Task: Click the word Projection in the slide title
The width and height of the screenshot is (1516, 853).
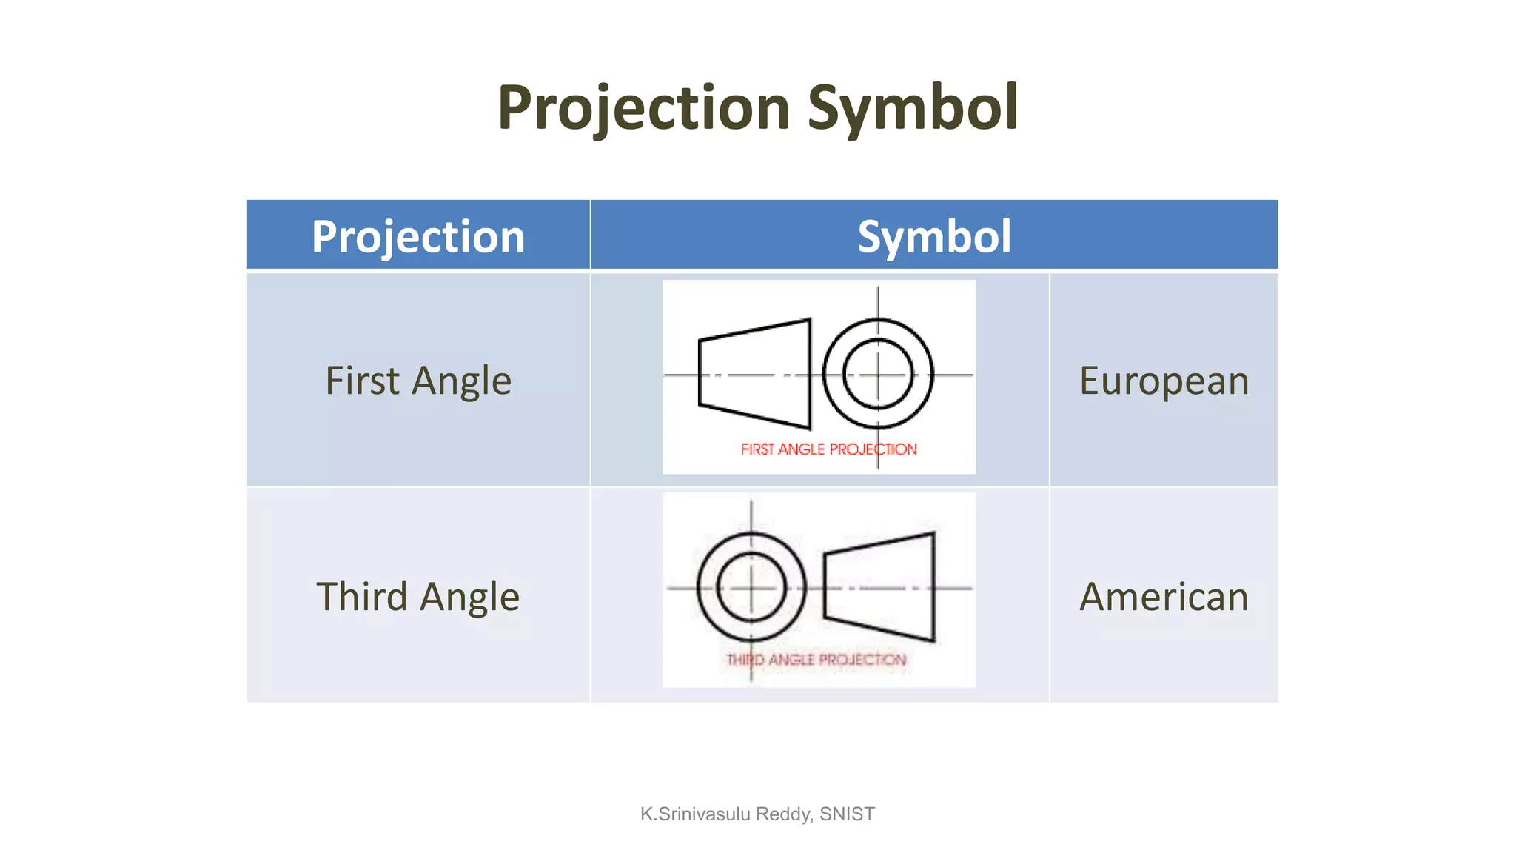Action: (643, 108)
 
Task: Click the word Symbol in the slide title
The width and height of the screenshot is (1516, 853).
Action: (912, 108)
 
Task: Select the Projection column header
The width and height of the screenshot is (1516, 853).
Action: (418, 236)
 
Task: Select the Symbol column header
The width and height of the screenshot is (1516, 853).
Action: (934, 236)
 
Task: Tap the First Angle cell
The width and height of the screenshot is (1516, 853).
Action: (418, 381)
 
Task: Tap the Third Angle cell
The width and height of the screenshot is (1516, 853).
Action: (418, 596)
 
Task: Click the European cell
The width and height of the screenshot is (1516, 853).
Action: (1164, 381)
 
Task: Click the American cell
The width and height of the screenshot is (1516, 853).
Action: (1164, 596)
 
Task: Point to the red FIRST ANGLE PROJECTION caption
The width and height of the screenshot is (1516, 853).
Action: (828, 449)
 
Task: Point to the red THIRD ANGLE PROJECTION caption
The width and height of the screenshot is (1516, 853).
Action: (816, 660)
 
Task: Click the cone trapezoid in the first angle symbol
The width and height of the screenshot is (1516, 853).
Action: (755, 374)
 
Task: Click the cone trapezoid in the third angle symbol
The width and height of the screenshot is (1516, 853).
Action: (879, 587)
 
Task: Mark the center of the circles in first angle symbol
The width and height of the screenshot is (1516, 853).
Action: (879, 375)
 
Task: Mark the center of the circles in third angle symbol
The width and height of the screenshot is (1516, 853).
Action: (751, 588)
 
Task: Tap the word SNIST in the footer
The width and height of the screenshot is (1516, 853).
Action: (847, 814)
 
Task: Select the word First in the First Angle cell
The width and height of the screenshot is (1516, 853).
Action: (363, 381)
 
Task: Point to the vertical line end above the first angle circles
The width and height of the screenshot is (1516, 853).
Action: (879, 290)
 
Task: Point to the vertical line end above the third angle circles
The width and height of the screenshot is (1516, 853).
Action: (751, 502)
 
